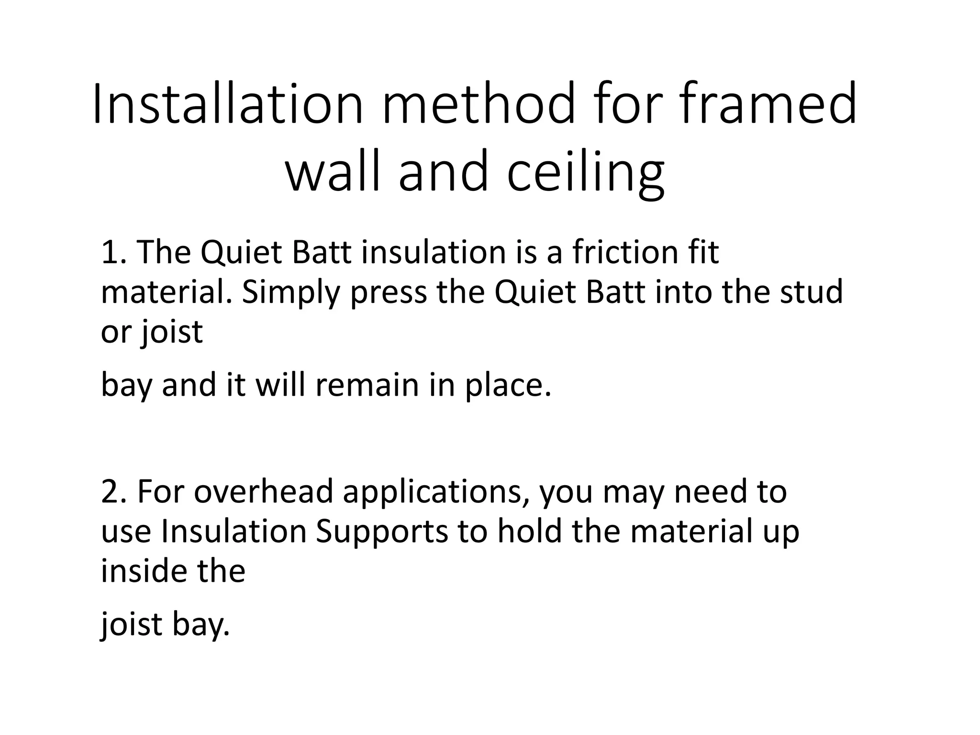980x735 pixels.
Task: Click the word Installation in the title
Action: tap(228, 105)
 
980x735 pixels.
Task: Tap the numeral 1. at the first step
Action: tap(114, 252)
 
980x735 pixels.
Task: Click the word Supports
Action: tap(381, 532)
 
